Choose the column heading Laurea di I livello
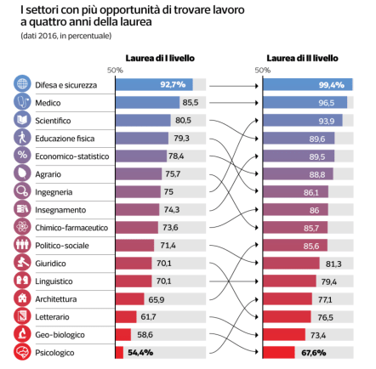(x=160, y=59)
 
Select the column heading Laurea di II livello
(x=302, y=59)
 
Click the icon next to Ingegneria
(x=22, y=192)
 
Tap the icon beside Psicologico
(x=22, y=352)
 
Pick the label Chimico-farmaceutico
(x=71, y=228)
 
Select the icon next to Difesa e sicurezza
(x=22, y=85)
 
